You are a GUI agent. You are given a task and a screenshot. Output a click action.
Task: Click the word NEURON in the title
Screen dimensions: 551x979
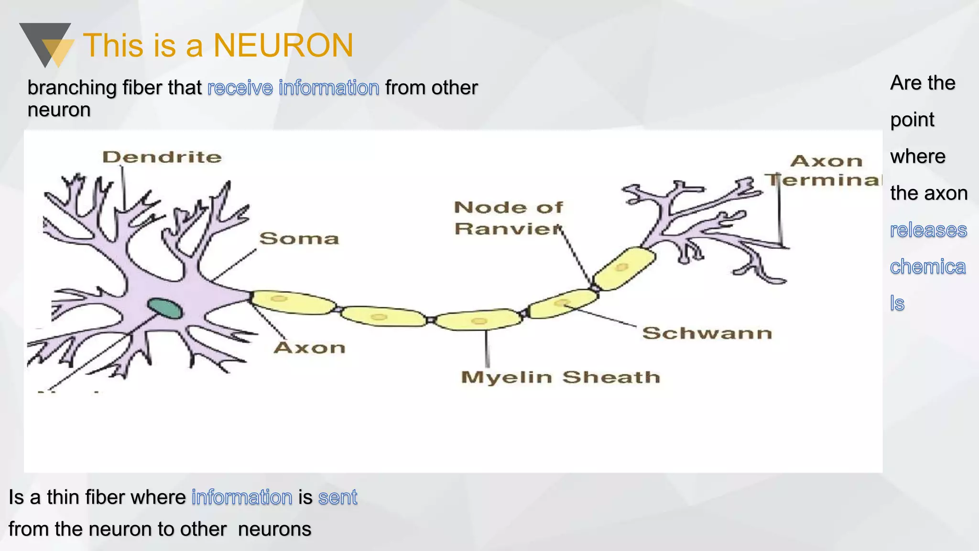click(283, 46)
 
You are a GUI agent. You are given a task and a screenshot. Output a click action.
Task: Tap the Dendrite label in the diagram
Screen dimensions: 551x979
click(162, 157)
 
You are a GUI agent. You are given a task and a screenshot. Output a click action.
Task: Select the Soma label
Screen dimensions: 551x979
click(299, 238)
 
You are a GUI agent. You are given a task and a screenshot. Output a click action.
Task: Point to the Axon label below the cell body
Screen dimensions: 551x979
click(310, 348)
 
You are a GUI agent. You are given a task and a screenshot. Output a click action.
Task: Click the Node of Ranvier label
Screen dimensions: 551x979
click(509, 218)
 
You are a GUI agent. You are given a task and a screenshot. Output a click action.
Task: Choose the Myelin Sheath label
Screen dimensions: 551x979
click(560, 377)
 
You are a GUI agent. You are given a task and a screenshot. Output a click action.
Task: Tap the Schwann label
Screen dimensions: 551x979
click(707, 333)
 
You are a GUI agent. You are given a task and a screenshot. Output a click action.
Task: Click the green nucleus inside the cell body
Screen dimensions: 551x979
click(165, 309)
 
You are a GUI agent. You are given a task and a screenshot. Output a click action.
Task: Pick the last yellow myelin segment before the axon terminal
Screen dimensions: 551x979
click(623, 268)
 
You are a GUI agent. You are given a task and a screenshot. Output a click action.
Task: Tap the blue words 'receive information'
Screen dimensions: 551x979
click(293, 88)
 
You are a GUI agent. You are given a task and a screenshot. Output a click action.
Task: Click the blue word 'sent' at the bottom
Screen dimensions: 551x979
click(337, 497)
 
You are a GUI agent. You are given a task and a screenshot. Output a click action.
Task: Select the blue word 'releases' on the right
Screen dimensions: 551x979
click(928, 230)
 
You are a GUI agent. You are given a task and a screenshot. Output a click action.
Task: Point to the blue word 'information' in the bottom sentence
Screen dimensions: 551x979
click(242, 497)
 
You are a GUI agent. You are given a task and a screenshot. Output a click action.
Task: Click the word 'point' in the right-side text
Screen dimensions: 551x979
click(912, 120)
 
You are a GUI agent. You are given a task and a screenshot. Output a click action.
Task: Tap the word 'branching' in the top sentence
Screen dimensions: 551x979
click(72, 88)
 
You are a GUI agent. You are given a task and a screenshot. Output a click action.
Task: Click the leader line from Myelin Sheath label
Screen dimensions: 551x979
click(487, 348)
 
